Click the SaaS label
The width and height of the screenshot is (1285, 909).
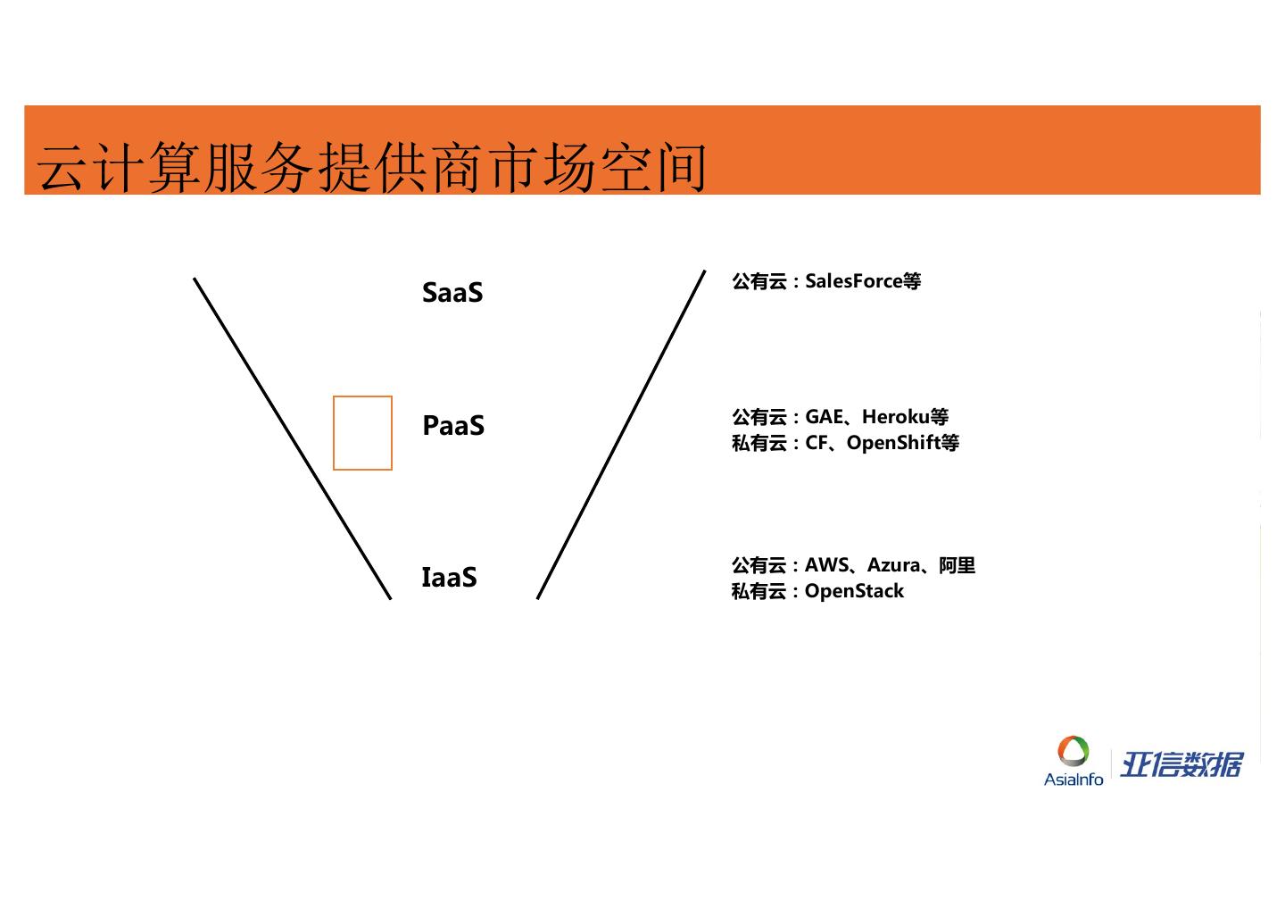coord(452,293)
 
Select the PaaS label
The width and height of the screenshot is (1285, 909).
coord(453,426)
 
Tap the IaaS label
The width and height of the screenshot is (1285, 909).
coord(449,578)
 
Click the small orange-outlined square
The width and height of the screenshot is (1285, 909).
coord(362,433)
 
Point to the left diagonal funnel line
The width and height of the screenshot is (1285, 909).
coord(292,438)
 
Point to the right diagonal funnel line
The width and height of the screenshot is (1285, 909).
coord(621,435)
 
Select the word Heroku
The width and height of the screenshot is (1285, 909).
coord(895,417)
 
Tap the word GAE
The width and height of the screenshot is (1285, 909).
coord(825,417)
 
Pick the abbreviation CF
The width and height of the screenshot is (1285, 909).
coord(817,443)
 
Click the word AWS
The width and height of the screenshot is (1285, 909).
coord(826,565)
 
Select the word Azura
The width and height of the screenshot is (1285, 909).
coord(893,565)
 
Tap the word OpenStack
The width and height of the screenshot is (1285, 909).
coord(854,591)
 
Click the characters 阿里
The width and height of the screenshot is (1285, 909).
coord(958,565)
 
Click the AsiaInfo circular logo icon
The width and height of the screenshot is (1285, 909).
coord(1074,751)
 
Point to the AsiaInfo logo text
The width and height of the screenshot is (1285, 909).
coord(1074,780)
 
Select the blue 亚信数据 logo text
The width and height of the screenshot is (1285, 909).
coord(1181,765)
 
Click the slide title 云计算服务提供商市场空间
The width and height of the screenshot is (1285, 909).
coord(373,166)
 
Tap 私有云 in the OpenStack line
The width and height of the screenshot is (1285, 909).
coord(759,591)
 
